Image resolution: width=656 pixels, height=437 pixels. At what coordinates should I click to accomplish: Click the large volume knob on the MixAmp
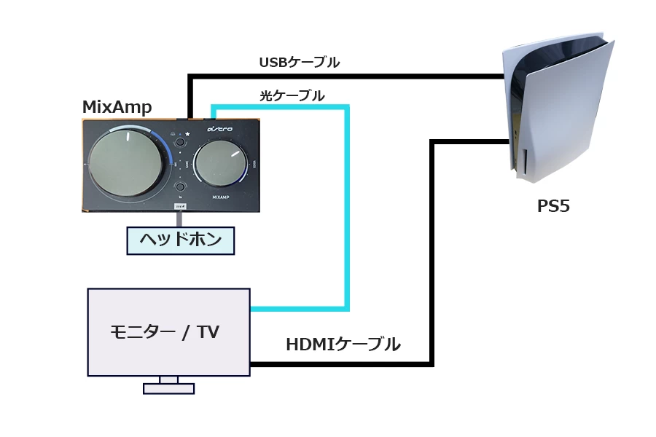(x=125, y=163)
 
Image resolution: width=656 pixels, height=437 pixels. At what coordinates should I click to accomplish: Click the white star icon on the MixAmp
(x=187, y=134)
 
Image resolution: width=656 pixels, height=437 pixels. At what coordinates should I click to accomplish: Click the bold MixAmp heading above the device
(x=117, y=108)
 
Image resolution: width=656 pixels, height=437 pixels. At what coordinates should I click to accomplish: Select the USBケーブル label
(x=299, y=63)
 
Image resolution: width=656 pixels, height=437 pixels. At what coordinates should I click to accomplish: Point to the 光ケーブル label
(x=292, y=95)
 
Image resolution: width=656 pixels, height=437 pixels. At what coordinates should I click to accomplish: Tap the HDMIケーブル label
(x=343, y=345)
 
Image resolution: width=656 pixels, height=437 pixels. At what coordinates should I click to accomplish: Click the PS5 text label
(x=553, y=207)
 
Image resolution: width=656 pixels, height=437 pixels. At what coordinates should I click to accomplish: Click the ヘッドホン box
(x=180, y=240)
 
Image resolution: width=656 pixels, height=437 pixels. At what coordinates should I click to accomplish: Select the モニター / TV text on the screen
(x=165, y=332)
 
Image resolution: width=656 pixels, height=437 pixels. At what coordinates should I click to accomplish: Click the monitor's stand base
(x=168, y=388)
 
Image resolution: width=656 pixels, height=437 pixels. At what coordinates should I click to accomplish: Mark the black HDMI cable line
(x=432, y=255)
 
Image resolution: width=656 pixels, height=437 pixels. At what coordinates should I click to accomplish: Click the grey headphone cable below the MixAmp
(x=178, y=219)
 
